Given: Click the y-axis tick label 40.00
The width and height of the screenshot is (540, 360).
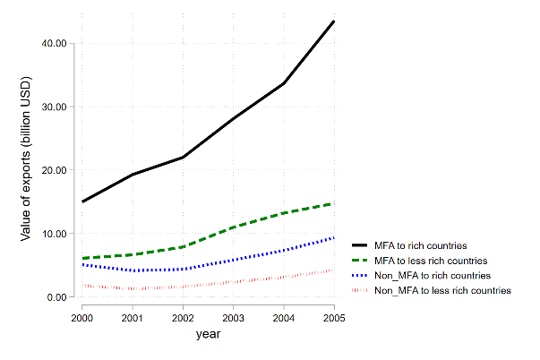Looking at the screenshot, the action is [54, 43].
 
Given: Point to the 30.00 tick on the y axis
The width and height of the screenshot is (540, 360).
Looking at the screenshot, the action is [54, 107].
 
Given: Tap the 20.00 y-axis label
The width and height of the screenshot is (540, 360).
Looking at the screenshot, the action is [54, 170].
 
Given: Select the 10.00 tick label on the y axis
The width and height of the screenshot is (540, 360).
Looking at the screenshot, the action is [54, 234].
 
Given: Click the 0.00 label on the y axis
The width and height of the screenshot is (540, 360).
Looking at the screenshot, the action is [56, 297].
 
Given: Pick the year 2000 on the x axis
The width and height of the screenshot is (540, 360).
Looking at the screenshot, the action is [82, 318].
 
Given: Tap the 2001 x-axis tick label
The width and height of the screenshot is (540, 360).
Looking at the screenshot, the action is [133, 318].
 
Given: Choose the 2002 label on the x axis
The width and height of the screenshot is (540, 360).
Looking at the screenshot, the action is [183, 318].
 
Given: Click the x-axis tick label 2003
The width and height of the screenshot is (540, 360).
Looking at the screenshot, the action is [233, 318].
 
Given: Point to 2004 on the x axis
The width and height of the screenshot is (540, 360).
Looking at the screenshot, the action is [284, 318].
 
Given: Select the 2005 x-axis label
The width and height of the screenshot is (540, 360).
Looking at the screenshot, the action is [334, 318].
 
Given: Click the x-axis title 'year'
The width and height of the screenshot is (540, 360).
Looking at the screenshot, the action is [208, 334].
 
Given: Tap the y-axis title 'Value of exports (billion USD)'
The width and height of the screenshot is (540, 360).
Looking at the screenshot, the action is [25, 159].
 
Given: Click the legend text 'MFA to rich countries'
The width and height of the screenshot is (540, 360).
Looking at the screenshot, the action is [421, 245].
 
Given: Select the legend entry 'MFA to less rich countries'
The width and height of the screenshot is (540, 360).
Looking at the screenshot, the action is [431, 261].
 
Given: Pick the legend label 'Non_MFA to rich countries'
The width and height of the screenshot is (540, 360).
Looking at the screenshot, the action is [433, 276].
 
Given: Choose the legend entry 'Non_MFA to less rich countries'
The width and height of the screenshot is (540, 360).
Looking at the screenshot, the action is [442, 290].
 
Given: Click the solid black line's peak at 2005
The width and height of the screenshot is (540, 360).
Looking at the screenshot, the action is [334, 21].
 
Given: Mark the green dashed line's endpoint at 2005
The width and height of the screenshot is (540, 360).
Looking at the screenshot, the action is [334, 204].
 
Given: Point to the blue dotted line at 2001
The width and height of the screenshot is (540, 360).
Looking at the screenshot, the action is [133, 270].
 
